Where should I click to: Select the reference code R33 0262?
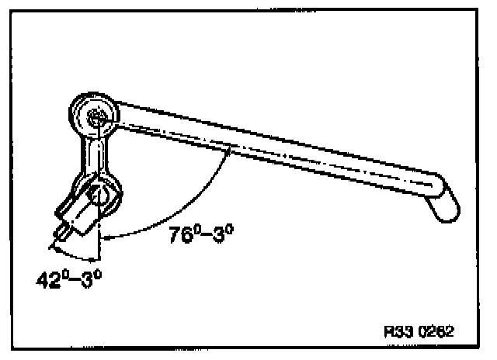(x=419, y=330)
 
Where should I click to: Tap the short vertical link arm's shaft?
(x=96, y=155)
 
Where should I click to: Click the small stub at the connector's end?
(x=57, y=232)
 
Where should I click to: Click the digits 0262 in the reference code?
(x=436, y=330)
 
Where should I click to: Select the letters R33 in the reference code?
(x=398, y=330)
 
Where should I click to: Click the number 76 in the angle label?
(x=179, y=236)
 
